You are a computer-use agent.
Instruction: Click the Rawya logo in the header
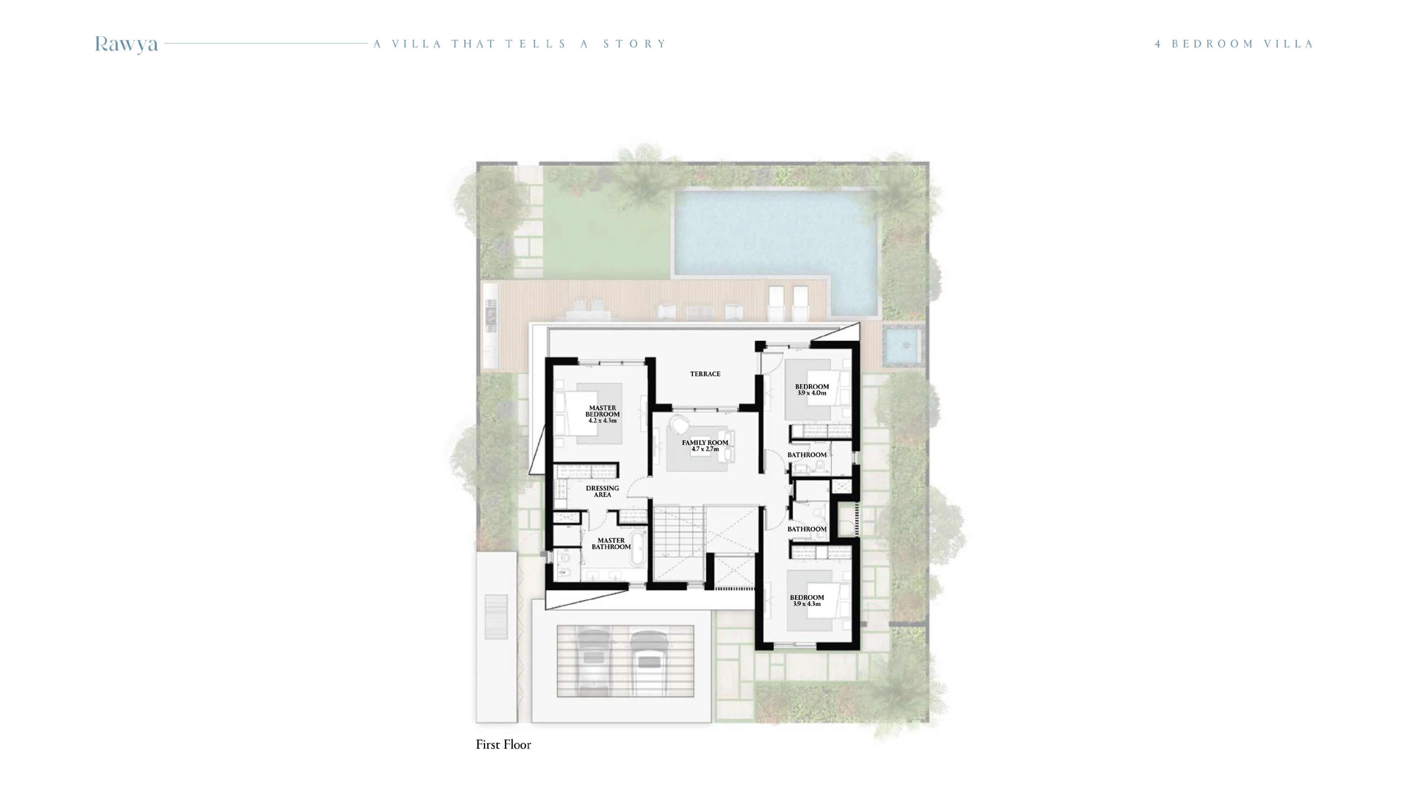pyautogui.click(x=126, y=44)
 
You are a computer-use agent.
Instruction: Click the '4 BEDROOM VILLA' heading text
pyautogui.click(x=1234, y=44)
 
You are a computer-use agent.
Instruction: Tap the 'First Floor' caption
pyautogui.click(x=503, y=744)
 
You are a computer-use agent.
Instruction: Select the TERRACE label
pyautogui.click(x=705, y=374)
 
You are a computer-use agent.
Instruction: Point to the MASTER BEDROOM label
pyautogui.click(x=602, y=411)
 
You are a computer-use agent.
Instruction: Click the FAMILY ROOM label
pyautogui.click(x=705, y=442)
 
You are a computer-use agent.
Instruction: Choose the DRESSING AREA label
pyautogui.click(x=602, y=491)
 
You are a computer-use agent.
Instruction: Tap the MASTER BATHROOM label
pyautogui.click(x=611, y=543)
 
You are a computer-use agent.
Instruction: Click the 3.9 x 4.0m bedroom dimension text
pyautogui.click(x=812, y=393)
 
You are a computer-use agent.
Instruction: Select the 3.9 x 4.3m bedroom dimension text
pyautogui.click(x=806, y=604)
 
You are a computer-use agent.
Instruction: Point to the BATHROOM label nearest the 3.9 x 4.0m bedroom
pyautogui.click(x=806, y=454)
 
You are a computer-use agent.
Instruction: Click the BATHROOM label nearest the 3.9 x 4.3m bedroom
pyautogui.click(x=806, y=529)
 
